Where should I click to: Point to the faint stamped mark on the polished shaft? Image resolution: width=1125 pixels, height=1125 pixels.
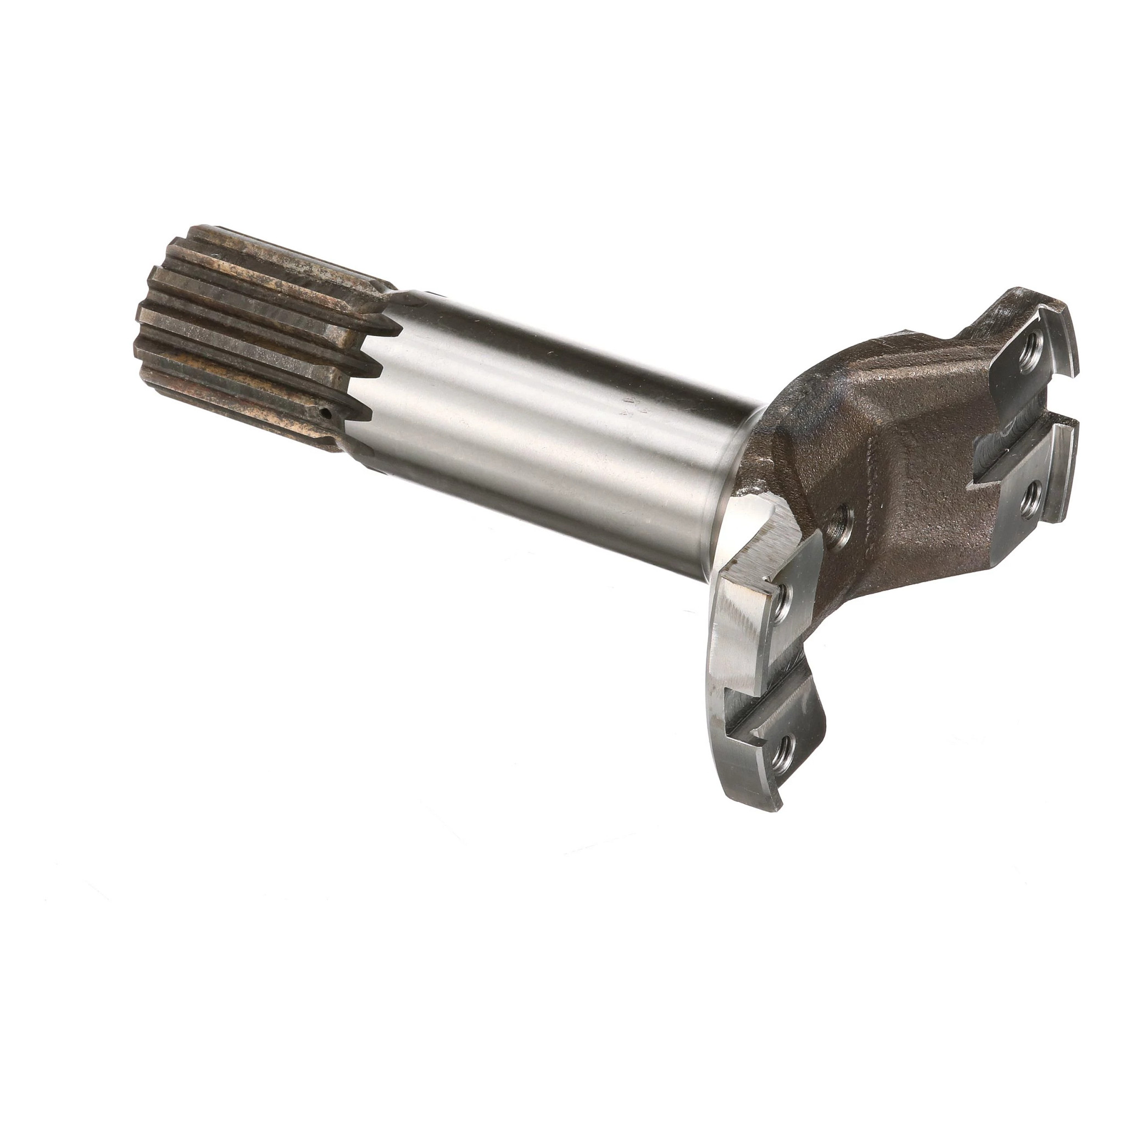[630, 405]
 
